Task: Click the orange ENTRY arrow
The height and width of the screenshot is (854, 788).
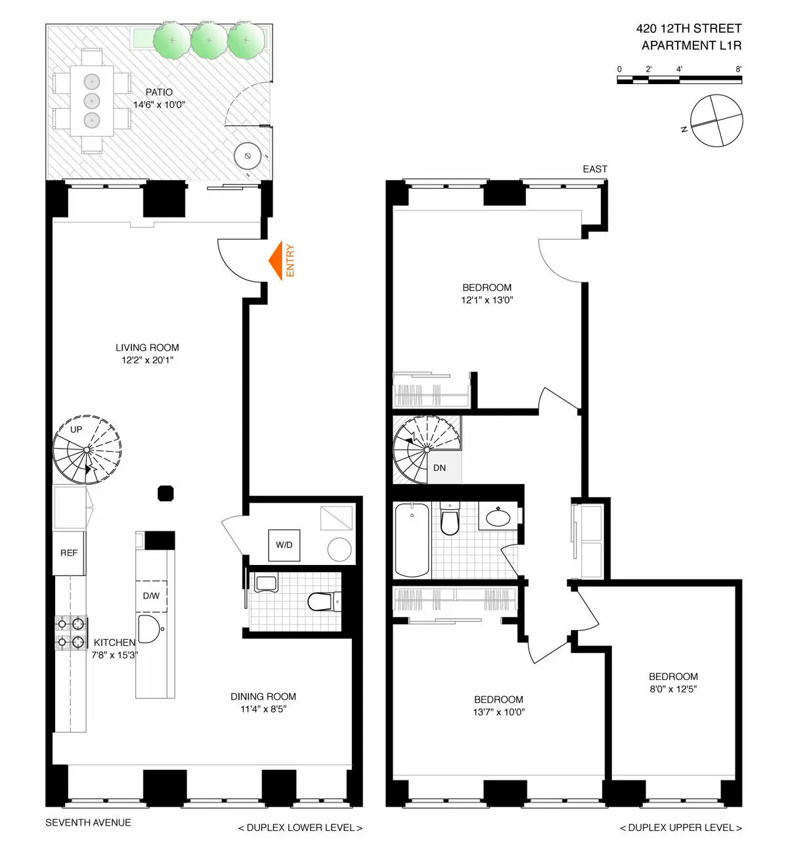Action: [x=276, y=261]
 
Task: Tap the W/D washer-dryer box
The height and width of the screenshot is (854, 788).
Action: [x=284, y=545]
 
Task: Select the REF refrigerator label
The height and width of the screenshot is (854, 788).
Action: [x=69, y=553]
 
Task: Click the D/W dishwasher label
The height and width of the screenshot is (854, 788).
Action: [x=151, y=596]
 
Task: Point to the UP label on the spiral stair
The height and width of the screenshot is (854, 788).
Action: [x=76, y=430]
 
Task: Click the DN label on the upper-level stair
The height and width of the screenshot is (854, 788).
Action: [x=439, y=468]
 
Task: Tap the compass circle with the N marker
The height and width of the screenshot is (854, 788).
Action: [x=716, y=121]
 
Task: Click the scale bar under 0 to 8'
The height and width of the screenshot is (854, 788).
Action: [x=679, y=80]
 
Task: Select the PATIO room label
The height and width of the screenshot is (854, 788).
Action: [x=159, y=93]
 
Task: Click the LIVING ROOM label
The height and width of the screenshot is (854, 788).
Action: [x=147, y=348]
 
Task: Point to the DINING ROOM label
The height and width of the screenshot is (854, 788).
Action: [x=263, y=696]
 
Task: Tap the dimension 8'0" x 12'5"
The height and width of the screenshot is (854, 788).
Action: [x=673, y=689]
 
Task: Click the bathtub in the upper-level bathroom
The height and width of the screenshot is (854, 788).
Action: [x=412, y=540]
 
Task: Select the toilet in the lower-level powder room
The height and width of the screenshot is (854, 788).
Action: [x=323, y=601]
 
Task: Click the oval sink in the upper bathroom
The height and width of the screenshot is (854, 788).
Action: [x=499, y=517]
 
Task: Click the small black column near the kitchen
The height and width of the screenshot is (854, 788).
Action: [x=165, y=493]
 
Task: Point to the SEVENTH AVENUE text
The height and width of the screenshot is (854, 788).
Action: [x=88, y=822]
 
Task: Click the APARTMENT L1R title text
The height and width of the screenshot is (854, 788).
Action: [x=691, y=45]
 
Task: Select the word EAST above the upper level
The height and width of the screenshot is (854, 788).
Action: [x=595, y=169]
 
